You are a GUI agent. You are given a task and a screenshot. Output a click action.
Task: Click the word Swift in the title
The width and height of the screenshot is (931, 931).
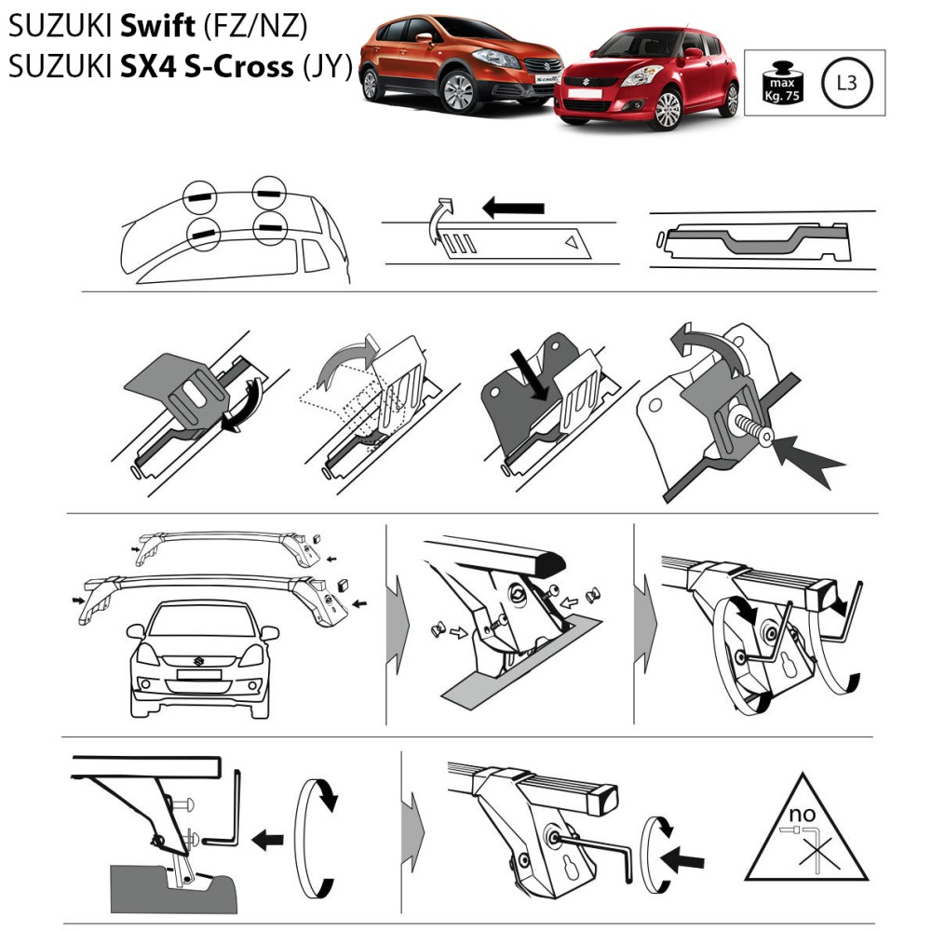tap(157, 25)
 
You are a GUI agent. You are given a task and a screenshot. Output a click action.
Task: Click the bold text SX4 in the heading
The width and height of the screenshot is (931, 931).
tap(148, 66)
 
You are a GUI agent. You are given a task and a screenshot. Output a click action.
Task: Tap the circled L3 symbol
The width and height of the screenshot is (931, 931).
tap(846, 83)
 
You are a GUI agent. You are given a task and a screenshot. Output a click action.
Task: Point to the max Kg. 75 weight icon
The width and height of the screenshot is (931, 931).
tap(783, 83)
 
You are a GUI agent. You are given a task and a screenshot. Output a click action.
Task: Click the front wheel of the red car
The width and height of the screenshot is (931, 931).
tap(667, 110)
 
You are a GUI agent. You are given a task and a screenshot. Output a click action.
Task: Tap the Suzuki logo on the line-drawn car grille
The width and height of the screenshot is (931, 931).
tap(198, 661)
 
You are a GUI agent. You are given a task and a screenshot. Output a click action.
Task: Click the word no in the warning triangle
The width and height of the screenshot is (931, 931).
tap(803, 814)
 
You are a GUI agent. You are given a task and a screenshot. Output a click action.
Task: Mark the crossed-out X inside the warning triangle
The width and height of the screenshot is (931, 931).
tap(816, 855)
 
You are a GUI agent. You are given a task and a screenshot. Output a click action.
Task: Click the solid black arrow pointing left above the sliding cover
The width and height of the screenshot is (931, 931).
tap(513, 208)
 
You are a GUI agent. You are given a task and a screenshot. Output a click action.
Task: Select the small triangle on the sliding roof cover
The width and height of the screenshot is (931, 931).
tap(572, 242)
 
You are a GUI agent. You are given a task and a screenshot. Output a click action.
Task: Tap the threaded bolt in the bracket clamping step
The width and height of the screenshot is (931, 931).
tap(752, 428)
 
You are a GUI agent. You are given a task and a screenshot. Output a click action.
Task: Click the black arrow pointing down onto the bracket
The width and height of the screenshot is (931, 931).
tap(532, 374)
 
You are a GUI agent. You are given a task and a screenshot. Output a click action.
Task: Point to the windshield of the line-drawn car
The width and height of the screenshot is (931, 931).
tap(201, 621)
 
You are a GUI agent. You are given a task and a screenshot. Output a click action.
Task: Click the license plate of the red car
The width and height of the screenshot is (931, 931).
tap(585, 93)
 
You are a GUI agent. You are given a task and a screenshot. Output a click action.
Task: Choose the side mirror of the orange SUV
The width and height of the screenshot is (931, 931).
tap(424, 38)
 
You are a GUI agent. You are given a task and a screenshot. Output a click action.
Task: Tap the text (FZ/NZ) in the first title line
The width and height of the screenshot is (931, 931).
tap(256, 27)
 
